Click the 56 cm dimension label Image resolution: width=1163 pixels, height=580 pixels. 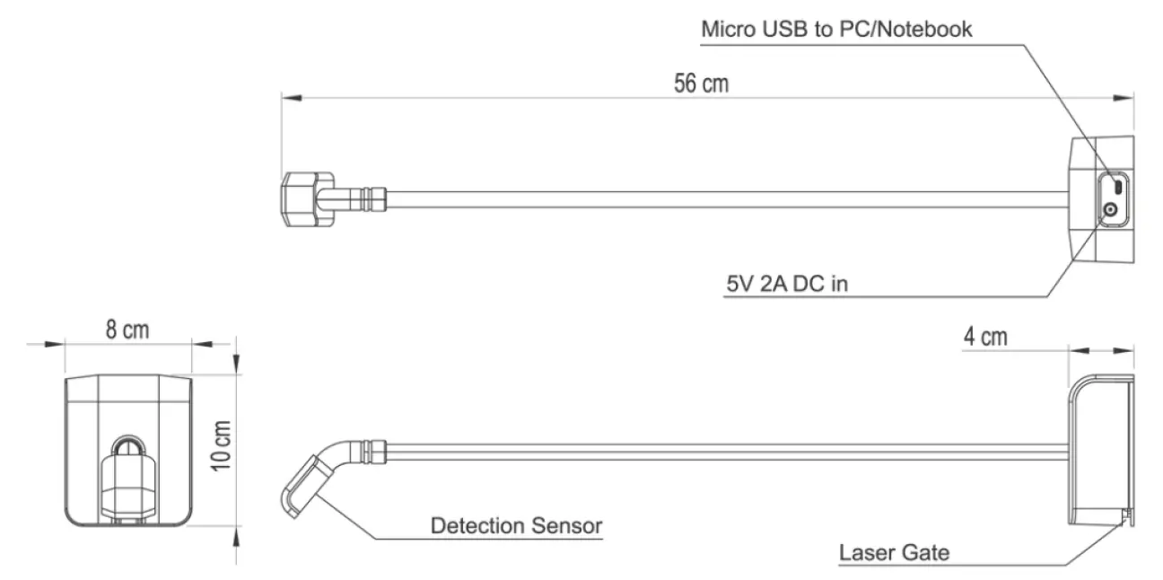pos(701,83)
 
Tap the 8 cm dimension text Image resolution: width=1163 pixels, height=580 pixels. pos(127,330)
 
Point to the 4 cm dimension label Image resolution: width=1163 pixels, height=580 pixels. pos(984,338)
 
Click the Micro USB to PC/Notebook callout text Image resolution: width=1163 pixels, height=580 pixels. pos(836,29)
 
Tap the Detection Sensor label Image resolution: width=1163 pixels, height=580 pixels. pos(516,525)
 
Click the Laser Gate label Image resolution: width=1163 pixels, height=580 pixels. pos(894,551)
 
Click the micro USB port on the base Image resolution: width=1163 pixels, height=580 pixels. pos(1117,187)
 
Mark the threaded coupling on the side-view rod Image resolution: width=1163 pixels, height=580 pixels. pos(372,446)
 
